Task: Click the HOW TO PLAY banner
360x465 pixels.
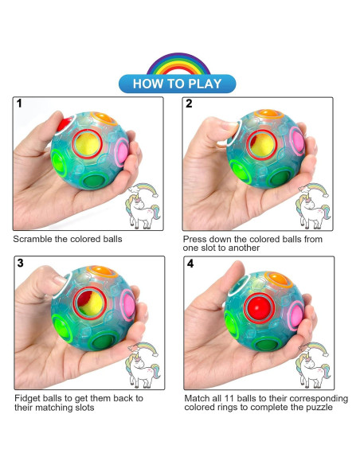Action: coord(178,83)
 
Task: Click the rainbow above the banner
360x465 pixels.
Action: coord(178,62)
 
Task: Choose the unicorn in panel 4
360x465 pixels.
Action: coord(312,368)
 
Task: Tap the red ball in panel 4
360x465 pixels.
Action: coord(260,307)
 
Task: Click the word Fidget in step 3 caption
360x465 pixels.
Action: coord(28,397)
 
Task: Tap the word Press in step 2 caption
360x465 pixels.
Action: coord(196,239)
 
